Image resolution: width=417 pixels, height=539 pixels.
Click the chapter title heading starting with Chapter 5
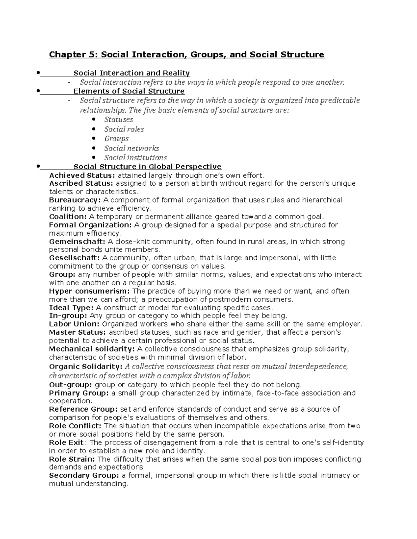pos(187,54)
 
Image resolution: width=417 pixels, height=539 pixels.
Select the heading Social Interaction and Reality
pos(132,73)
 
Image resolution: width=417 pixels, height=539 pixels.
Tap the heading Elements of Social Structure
pos(129,91)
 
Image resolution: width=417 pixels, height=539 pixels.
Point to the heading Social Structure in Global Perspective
pos(147,167)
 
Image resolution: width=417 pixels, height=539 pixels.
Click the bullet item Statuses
pos(118,120)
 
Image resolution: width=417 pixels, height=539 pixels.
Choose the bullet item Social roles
pos(124,129)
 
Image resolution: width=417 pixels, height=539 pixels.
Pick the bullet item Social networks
pos(131,149)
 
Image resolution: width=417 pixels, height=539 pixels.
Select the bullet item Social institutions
pos(136,158)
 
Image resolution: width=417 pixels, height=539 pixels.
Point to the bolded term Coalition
pos(68,217)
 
